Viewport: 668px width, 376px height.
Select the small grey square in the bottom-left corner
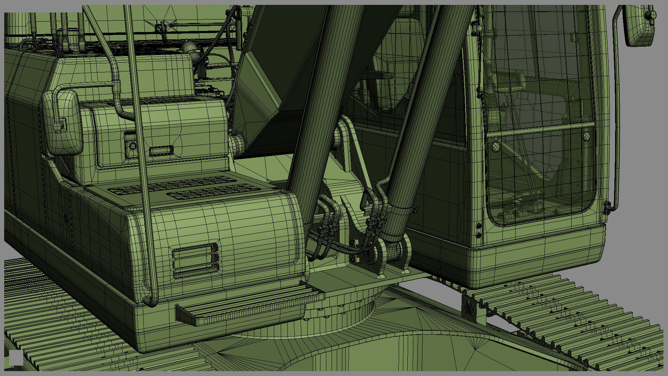pos(16,358)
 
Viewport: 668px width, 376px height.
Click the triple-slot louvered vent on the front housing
pos(195,259)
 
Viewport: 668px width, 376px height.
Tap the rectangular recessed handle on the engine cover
pos(161,151)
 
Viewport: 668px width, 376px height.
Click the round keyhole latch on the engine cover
pos(133,146)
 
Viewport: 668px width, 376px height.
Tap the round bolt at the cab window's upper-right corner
pos(587,136)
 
